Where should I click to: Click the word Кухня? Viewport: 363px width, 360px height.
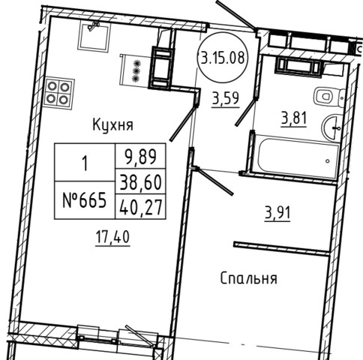[112, 124]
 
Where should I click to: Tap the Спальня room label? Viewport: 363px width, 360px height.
[249, 278]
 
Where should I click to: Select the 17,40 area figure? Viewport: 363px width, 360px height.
[112, 237]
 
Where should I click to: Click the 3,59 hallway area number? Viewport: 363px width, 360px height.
[226, 98]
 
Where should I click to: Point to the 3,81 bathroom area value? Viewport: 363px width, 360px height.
[294, 118]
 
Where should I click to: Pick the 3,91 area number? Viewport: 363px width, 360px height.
[277, 213]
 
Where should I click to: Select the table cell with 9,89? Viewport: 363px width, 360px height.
[140, 156]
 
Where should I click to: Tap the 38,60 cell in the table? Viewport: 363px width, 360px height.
[140, 181]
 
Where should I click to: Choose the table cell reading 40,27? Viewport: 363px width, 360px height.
[140, 206]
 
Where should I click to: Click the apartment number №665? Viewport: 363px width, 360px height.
[85, 200]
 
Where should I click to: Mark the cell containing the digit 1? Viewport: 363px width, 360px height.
[85, 162]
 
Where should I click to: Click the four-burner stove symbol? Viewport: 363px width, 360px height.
[59, 94]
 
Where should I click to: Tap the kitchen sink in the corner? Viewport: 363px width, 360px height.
[94, 35]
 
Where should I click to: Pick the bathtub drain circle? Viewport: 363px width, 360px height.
[328, 161]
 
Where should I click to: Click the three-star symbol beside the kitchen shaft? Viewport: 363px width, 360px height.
[136, 71]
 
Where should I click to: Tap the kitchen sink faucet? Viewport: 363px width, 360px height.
[94, 26]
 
